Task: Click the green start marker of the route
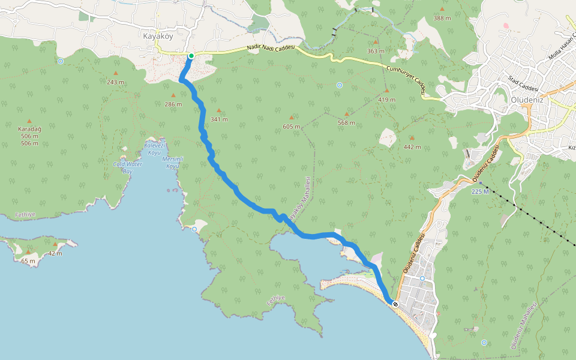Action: click(x=191, y=56)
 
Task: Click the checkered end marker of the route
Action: click(x=395, y=304)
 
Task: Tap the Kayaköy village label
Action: click(x=158, y=35)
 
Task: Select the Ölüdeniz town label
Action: click(x=526, y=100)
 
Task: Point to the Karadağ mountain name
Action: click(x=29, y=129)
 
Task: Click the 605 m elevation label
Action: click(x=292, y=126)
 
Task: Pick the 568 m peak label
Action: click(x=346, y=122)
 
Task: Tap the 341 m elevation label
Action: click(x=219, y=119)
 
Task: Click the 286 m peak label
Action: click(x=173, y=104)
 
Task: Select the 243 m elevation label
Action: click(x=116, y=82)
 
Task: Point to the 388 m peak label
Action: click(x=442, y=18)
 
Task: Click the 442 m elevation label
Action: click(x=412, y=146)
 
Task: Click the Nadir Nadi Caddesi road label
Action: click(x=271, y=50)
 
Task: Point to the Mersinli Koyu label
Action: click(x=173, y=162)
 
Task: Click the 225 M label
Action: click(x=480, y=191)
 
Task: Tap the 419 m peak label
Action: click(x=387, y=99)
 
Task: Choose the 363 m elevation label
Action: click(x=376, y=51)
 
